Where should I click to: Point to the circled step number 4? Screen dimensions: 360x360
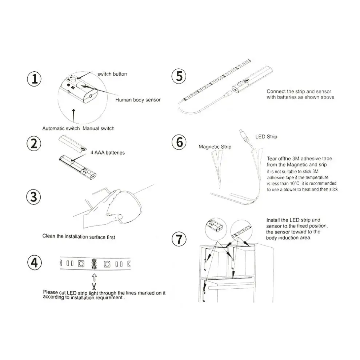tap(34, 263)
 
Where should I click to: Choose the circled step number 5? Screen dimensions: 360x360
tap(179, 76)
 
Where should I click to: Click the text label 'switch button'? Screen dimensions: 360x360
tap(112, 74)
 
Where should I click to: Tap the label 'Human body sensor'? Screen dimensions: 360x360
tap(138, 100)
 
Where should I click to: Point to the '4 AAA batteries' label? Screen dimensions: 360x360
tap(107, 153)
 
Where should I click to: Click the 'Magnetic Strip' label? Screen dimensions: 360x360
tap(215, 147)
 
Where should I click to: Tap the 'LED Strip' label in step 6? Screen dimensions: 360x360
tap(267, 137)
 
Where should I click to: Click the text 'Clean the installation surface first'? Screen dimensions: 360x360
tap(79, 237)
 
